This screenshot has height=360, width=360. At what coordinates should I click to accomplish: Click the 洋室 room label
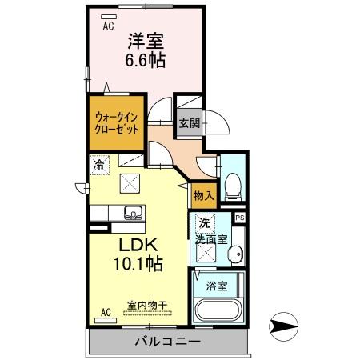click(x=143, y=37)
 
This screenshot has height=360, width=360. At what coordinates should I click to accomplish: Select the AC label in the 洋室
click(x=107, y=26)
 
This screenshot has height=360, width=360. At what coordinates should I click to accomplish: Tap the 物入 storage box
click(x=202, y=194)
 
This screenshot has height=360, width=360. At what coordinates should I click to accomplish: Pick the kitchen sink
click(x=132, y=214)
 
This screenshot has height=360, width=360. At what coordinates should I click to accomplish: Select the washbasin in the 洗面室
click(x=238, y=255)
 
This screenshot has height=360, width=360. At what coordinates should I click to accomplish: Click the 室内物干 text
click(x=146, y=304)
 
